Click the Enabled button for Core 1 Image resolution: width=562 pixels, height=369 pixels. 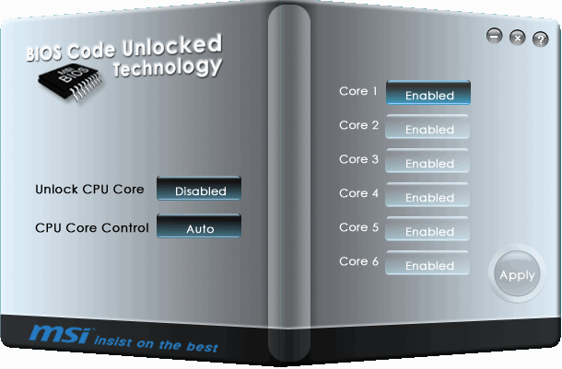428,94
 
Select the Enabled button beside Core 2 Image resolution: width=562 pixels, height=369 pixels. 428,128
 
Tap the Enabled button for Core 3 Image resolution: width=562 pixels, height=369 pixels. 428,162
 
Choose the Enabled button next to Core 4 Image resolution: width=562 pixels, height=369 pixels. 428,196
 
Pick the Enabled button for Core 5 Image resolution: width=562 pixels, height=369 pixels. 428,230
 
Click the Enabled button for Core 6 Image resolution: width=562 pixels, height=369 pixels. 428,264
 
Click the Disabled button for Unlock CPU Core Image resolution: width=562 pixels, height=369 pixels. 199,190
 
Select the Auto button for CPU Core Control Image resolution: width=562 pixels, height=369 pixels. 199,226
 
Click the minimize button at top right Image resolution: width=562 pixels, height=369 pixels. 494,37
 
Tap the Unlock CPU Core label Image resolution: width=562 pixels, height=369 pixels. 89,190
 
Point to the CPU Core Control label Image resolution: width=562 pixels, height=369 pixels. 91,227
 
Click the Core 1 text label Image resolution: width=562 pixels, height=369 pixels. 358,92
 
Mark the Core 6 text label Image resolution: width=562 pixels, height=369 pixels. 358,262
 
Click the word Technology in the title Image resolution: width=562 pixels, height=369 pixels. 167,67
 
